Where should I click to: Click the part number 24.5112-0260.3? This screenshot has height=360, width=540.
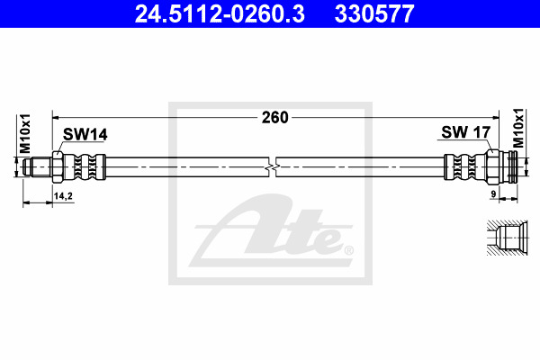[x=220, y=13]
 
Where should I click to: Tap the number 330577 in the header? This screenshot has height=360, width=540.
[x=374, y=13]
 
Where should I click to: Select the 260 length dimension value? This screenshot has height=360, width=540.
[x=274, y=118]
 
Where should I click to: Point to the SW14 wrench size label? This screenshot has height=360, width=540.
[x=85, y=134]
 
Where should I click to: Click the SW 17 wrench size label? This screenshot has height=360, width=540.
[x=465, y=132]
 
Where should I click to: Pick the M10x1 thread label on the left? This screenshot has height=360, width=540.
[x=25, y=134]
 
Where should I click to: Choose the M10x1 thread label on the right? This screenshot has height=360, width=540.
[x=518, y=128]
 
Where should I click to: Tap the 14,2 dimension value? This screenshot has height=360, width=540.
[x=63, y=196]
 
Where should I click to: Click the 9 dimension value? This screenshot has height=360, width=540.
[x=493, y=194]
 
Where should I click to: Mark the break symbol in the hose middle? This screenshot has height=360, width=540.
[x=272, y=167]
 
